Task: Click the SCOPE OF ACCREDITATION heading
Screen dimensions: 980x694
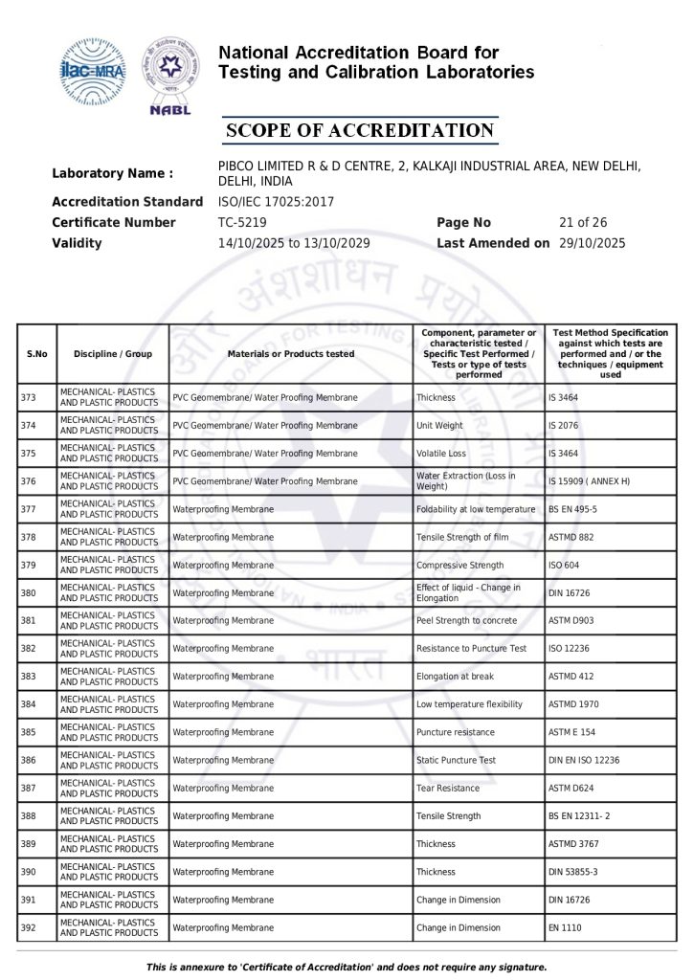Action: (x=359, y=130)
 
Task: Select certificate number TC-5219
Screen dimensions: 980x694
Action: (x=242, y=222)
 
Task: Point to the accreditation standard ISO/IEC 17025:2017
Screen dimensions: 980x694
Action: (x=277, y=202)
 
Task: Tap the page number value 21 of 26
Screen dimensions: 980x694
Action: (x=582, y=222)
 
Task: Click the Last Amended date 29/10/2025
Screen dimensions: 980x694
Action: (x=592, y=243)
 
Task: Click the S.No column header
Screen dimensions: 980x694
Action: (x=37, y=354)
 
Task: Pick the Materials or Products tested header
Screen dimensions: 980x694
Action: (x=291, y=354)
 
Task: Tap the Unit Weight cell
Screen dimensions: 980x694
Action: (x=439, y=425)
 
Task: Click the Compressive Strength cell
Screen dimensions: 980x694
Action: (x=459, y=566)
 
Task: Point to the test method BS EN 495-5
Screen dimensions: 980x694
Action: (x=572, y=509)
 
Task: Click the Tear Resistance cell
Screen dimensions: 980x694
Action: (x=448, y=790)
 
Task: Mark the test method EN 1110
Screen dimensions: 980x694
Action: (x=565, y=928)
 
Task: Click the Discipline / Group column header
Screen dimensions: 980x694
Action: (x=113, y=354)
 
